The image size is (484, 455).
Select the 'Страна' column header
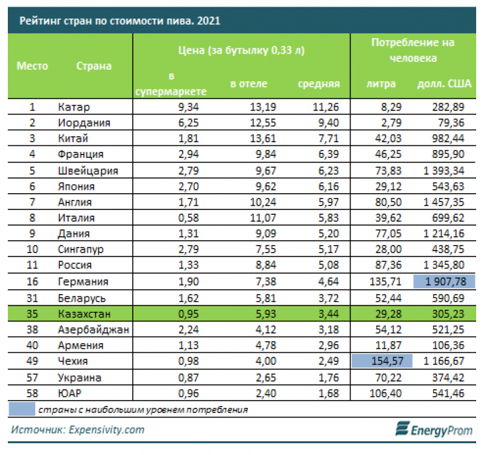pos(94,66)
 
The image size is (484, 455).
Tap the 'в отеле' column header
pos(249,84)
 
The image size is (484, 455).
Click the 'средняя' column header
pos(319,84)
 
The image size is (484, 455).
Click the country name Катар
pos(74,107)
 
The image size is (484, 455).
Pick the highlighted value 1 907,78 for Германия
pos(443,282)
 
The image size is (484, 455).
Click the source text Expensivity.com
pos(106,430)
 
